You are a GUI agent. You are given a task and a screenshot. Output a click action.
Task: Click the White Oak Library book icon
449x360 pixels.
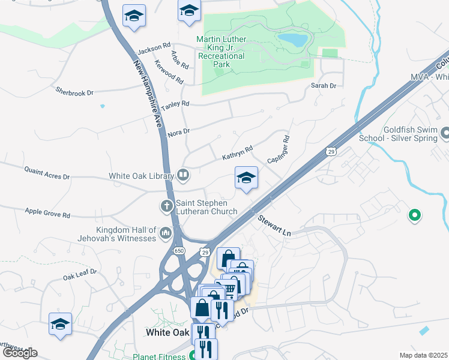(x=183, y=176)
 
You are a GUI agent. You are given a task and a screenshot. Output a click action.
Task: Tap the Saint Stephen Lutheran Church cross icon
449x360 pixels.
(x=167, y=206)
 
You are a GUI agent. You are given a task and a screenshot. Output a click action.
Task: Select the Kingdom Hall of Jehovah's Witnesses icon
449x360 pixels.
(x=166, y=235)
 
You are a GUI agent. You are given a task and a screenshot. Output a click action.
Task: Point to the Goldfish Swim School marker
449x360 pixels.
(x=444, y=133)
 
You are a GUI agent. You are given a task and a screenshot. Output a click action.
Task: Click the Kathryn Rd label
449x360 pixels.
(x=237, y=153)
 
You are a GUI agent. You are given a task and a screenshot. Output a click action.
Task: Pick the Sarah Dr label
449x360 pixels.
(x=323, y=86)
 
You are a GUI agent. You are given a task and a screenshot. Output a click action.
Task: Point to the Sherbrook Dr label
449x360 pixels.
(x=75, y=92)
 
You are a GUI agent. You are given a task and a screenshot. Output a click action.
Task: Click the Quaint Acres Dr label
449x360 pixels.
(x=47, y=173)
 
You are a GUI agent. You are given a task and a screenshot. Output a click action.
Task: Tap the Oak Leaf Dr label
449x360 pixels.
(x=80, y=275)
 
